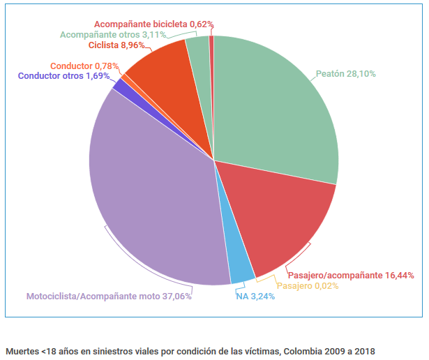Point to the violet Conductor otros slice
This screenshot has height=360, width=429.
[x=119, y=86]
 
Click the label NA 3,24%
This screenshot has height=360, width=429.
[x=255, y=296]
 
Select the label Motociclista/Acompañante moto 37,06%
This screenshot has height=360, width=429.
[x=109, y=296]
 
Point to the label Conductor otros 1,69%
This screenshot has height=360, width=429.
[x=63, y=75]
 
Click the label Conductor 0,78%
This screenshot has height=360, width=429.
[x=83, y=66]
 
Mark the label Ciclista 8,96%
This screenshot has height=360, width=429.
[x=116, y=45]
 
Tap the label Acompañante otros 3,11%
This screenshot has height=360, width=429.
[x=112, y=34]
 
